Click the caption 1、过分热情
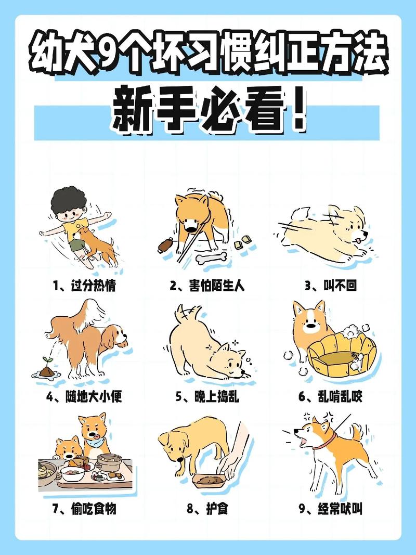click(x=84, y=286)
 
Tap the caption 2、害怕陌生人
click(x=207, y=286)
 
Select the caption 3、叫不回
click(x=331, y=286)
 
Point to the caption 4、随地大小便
click(x=84, y=397)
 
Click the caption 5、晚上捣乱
click(x=207, y=397)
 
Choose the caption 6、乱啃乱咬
click(x=331, y=397)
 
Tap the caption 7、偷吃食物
click(x=84, y=509)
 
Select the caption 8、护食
click(x=207, y=509)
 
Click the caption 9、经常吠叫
click(x=331, y=509)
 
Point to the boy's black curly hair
click(x=68, y=201)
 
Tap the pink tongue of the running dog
click(x=357, y=240)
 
